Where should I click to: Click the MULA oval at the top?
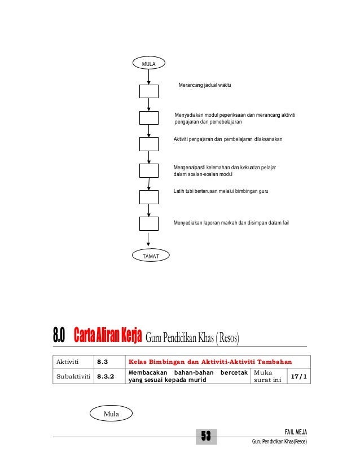pyautogui.click(x=149, y=64)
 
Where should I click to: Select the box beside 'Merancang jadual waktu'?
pyautogui.click(x=149, y=92)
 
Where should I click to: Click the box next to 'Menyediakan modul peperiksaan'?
pyautogui.click(x=149, y=118)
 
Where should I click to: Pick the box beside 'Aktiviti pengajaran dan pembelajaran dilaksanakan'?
pyautogui.click(x=149, y=144)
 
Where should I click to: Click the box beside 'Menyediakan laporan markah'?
pyautogui.click(x=149, y=223)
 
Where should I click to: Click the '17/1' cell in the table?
pyautogui.click(x=299, y=376)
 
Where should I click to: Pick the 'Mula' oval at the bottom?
pyautogui.click(x=111, y=414)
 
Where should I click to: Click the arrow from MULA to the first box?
pyautogui.click(x=149, y=77)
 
